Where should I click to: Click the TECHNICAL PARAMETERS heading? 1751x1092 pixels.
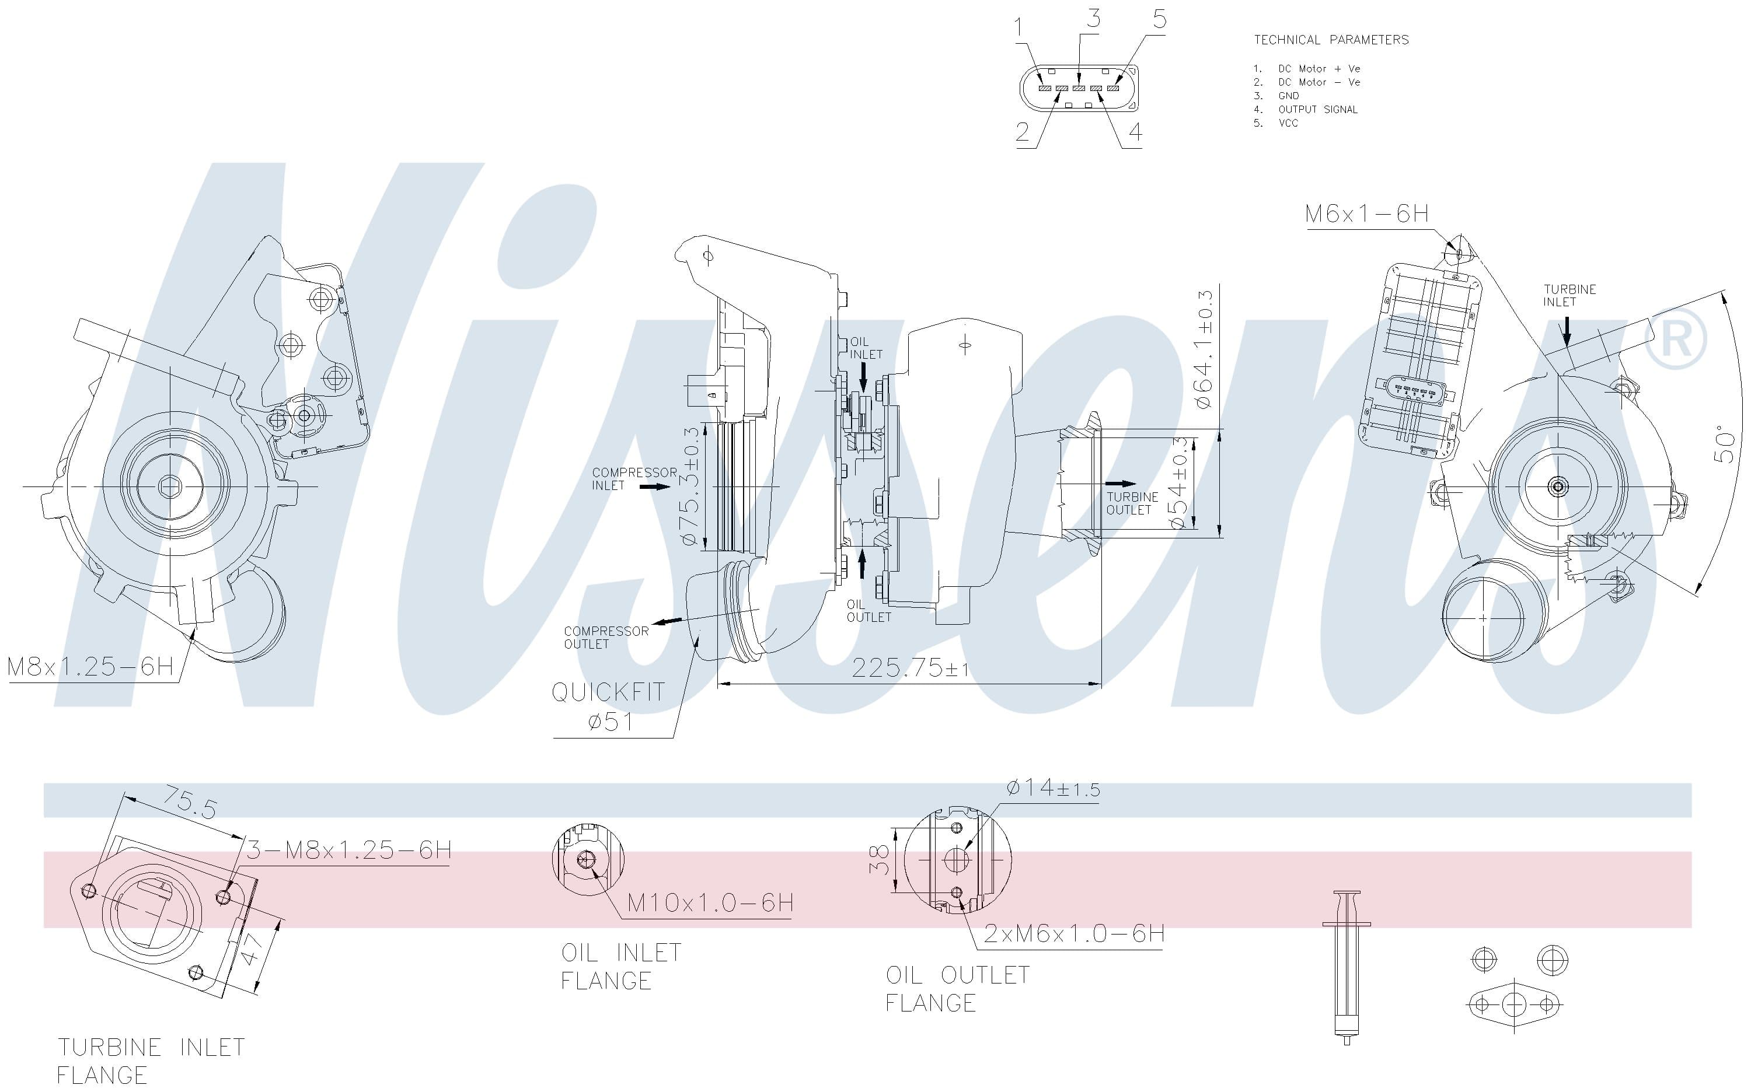tap(1331, 40)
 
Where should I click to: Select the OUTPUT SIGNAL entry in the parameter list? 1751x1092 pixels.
tap(1318, 110)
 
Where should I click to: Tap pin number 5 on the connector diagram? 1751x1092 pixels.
tap(1159, 19)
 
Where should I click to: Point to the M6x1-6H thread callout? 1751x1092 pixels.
tap(1366, 213)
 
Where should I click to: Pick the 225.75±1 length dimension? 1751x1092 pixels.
tap(910, 668)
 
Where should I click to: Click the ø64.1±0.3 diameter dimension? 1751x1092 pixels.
tap(1204, 349)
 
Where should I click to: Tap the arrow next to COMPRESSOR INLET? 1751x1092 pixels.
tap(655, 487)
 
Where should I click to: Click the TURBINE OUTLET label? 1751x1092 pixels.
tap(1132, 503)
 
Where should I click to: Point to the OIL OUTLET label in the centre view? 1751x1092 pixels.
tap(868, 611)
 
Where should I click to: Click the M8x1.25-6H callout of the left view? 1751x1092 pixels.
tap(90, 666)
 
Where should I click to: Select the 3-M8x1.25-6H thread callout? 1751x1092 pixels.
tap(349, 850)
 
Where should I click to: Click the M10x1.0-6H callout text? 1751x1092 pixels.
tap(710, 903)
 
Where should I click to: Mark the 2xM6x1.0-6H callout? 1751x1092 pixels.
tap(1074, 934)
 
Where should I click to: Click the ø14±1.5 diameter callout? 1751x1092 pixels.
tap(1053, 788)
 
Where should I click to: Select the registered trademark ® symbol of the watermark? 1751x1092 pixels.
tap(1676, 339)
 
